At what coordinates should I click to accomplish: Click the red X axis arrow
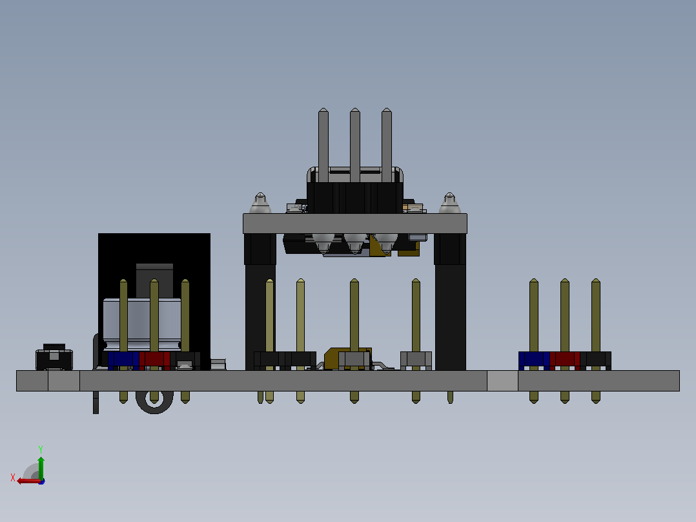pyautogui.click(x=29, y=481)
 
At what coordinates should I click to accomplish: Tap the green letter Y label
pyautogui.click(x=41, y=449)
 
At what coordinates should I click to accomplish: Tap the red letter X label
pyautogui.click(x=13, y=477)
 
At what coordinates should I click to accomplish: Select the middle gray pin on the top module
pyautogui.click(x=354, y=145)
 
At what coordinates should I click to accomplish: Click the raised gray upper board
pyautogui.click(x=354, y=224)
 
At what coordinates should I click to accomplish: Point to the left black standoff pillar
pyautogui.click(x=261, y=302)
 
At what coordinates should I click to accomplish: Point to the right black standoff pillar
pyautogui.click(x=450, y=302)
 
